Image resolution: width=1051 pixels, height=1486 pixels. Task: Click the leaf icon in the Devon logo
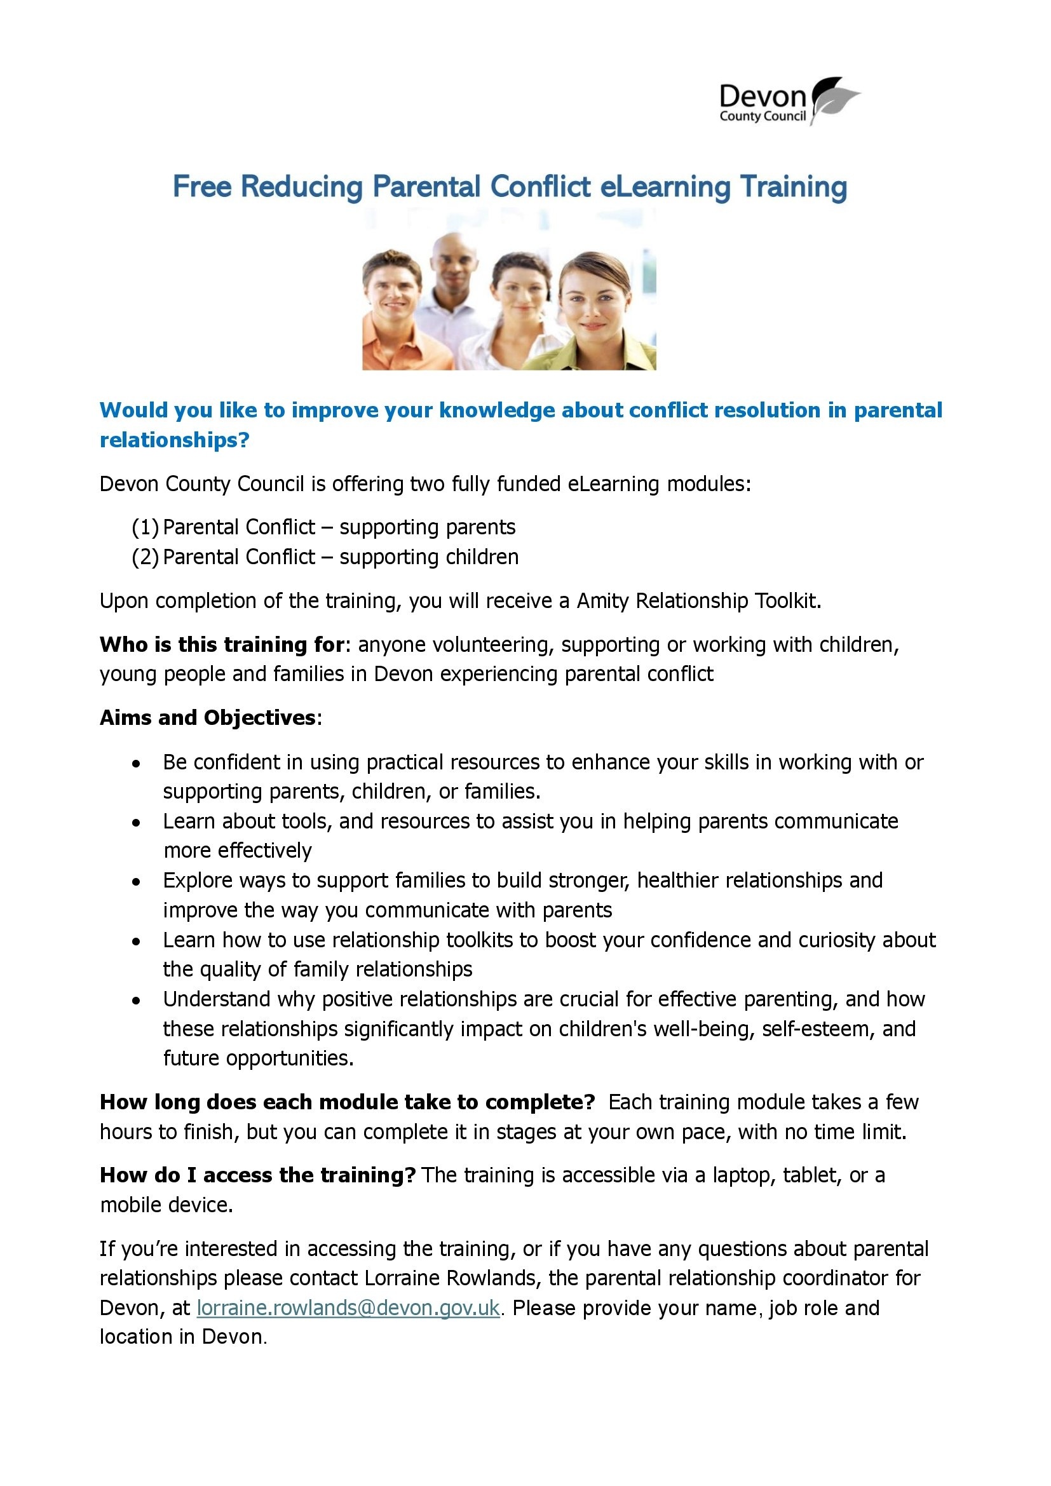point(834,98)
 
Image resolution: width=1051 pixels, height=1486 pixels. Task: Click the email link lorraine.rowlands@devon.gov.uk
point(348,1308)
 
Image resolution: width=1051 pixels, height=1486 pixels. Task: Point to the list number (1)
point(145,527)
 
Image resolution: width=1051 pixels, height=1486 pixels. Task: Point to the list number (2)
point(145,557)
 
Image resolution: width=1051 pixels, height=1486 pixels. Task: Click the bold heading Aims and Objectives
point(208,718)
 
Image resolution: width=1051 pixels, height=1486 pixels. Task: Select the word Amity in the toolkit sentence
point(602,601)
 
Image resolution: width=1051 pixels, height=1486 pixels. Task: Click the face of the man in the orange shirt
point(392,287)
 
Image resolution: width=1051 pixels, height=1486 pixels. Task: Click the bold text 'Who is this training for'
point(221,645)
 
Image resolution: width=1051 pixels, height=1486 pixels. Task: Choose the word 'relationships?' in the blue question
point(175,440)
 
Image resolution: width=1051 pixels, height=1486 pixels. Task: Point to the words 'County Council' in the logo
point(763,116)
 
